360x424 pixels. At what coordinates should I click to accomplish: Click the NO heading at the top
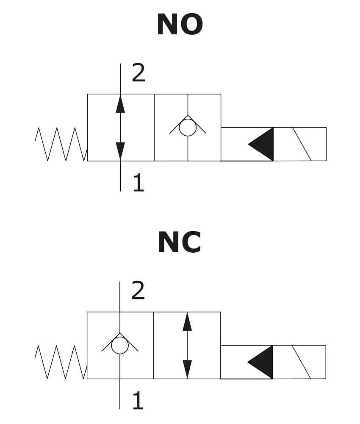[180, 25]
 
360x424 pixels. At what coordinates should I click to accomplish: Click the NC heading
[180, 243]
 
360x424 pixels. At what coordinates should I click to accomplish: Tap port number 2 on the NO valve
[138, 73]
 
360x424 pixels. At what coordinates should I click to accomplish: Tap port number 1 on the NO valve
[138, 184]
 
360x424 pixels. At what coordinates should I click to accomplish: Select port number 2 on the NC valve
[138, 291]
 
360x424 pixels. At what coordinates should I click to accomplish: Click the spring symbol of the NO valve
[61, 144]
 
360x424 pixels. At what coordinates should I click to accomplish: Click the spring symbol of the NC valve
[61, 362]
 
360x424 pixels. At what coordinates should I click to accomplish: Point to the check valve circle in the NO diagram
[188, 128]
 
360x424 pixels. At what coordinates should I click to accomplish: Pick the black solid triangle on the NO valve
[262, 144]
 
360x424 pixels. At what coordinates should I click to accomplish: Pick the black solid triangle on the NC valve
[262, 362]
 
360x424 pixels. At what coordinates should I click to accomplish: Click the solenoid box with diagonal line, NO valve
[300, 144]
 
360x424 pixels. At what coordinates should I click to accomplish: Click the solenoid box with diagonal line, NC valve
[300, 362]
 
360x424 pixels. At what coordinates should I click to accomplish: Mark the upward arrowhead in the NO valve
[120, 104]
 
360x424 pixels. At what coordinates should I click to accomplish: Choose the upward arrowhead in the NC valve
[188, 323]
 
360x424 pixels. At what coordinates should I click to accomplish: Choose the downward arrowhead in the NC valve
[188, 367]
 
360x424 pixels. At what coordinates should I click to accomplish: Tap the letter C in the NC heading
[191, 243]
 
